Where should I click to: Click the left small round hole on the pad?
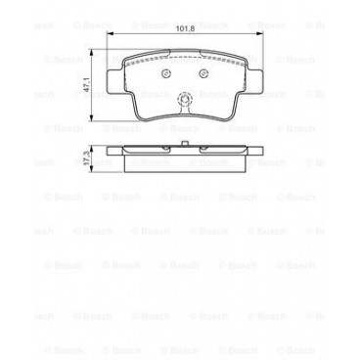163,73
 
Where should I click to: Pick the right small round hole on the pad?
203,73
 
